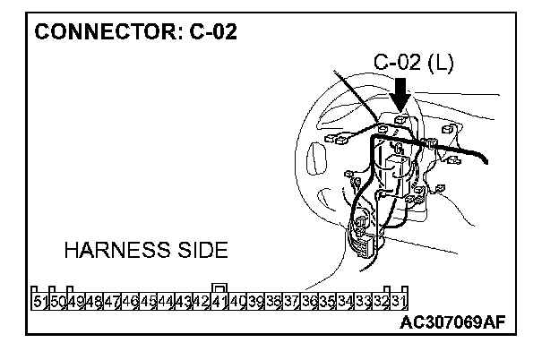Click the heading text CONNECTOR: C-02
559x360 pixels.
135,33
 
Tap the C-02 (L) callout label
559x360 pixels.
413,63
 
